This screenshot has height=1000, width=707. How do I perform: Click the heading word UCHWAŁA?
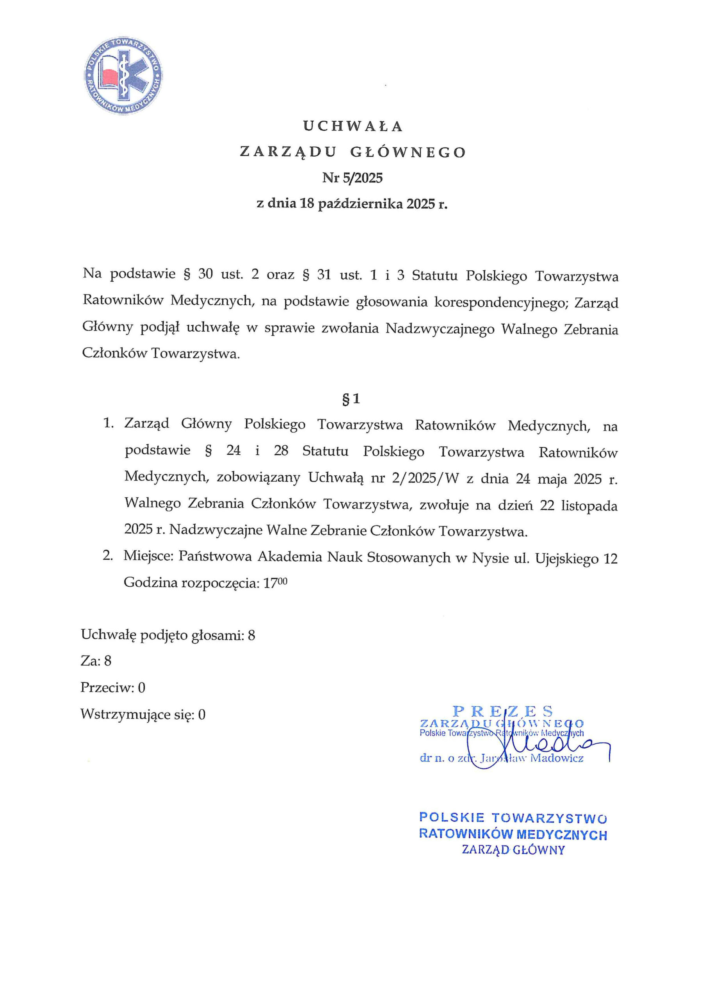pyautogui.click(x=353, y=126)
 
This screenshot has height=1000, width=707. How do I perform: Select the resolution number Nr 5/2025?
pyautogui.click(x=352, y=178)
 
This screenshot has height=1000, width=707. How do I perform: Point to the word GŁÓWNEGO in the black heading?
pyautogui.click(x=408, y=152)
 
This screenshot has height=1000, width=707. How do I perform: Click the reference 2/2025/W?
pyautogui.click(x=426, y=479)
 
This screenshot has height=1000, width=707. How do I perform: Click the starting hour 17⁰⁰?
pyautogui.click(x=275, y=583)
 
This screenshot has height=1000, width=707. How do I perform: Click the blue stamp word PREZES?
pyautogui.click(x=503, y=712)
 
